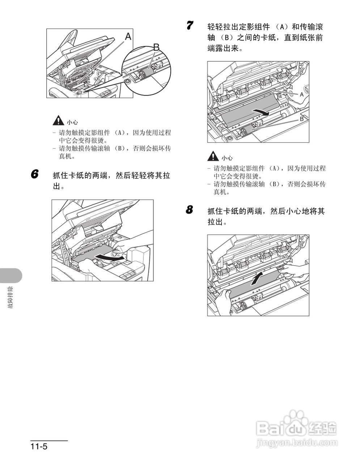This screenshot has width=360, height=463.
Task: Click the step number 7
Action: point(190,26)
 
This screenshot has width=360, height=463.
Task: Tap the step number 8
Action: point(190,209)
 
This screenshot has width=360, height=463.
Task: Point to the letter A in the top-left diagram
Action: point(128,36)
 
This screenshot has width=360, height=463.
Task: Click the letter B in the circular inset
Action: point(156,47)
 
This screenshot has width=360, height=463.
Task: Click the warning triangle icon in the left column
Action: point(57,121)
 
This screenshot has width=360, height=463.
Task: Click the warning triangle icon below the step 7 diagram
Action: point(213,157)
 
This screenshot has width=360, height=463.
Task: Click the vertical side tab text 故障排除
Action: point(10,297)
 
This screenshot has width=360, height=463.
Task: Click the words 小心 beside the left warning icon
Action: point(72,123)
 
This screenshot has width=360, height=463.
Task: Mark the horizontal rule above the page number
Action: point(49,441)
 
